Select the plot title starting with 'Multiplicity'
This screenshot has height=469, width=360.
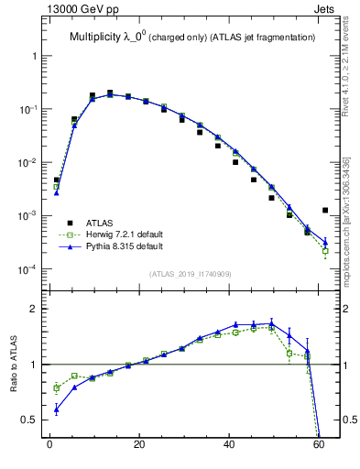pos(191,37)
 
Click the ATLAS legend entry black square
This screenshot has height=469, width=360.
pos(70,222)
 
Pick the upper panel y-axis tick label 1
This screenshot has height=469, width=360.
pos(34,56)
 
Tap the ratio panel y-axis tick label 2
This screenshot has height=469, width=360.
pos(34,309)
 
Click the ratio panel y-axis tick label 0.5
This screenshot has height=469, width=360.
pos(29,420)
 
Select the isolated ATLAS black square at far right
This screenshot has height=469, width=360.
pos(325,211)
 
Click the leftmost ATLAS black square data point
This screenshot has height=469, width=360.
pos(56,180)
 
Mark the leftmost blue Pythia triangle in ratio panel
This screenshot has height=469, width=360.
pos(56,409)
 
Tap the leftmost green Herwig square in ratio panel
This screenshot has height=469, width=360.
pos(56,388)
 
